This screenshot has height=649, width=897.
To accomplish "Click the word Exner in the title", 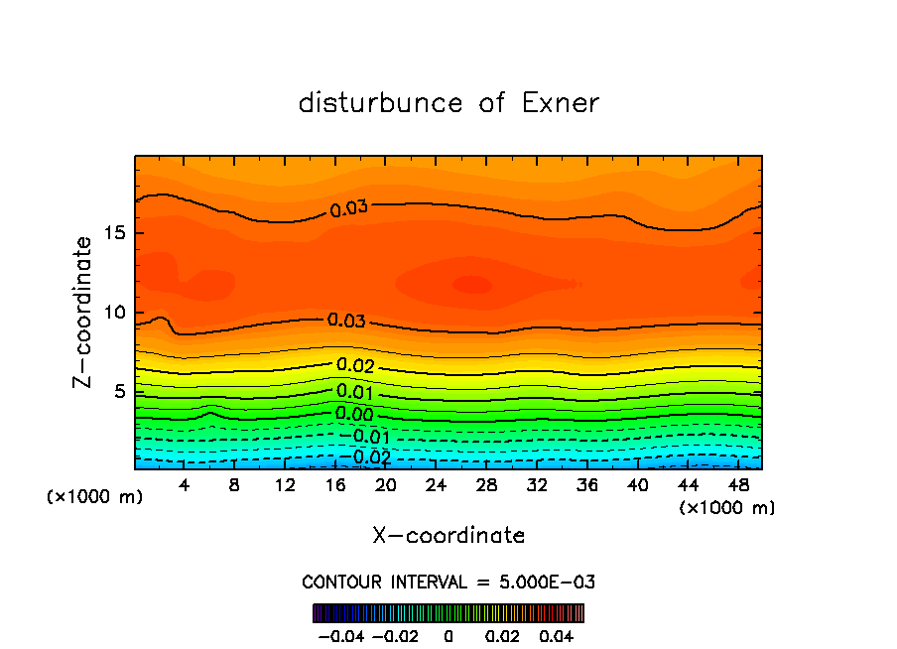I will click(x=561, y=103).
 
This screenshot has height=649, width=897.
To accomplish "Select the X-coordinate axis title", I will click(x=448, y=536).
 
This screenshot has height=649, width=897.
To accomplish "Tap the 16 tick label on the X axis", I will click(x=335, y=485).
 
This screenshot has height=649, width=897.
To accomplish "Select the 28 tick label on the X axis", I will click(x=486, y=485).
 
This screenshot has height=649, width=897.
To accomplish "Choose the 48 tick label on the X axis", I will click(x=737, y=485).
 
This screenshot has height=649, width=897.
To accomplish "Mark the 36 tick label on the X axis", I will click(x=586, y=485).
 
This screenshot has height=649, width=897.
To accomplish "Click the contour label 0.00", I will click(x=354, y=414).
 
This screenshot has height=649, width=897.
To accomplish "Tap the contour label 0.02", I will click(x=355, y=366).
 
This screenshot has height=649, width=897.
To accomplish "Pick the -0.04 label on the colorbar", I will click(x=340, y=633).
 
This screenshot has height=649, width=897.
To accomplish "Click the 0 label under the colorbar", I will click(x=448, y=633).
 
